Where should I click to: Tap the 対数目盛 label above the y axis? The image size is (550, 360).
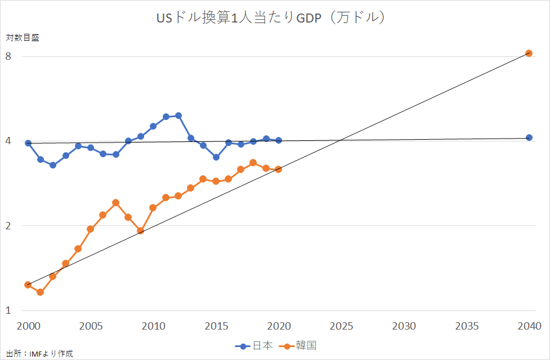[23, 38]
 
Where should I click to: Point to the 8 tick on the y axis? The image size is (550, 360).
[8, 56]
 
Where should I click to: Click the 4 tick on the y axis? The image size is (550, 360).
[8, 141]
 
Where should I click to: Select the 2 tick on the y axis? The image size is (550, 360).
[8, 226]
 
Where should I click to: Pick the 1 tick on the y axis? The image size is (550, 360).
[8, 310]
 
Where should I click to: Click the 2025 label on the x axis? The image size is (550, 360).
[341, 327]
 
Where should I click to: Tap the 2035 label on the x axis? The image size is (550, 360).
[467, 327]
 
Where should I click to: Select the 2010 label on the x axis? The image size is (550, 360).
[153, 327]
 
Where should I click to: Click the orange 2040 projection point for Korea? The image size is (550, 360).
[529, 53]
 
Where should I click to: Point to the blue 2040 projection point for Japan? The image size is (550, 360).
[529, 137]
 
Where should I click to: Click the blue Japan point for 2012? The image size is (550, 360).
[178, 115]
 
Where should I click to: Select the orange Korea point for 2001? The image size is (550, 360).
[41, 292]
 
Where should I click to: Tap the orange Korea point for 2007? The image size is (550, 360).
[115, 202]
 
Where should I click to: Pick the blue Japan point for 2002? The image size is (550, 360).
[53, 165]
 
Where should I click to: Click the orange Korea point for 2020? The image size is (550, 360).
[278, 169]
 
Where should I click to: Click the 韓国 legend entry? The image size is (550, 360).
[305, 345]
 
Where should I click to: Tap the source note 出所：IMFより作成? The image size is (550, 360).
[39, 354]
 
